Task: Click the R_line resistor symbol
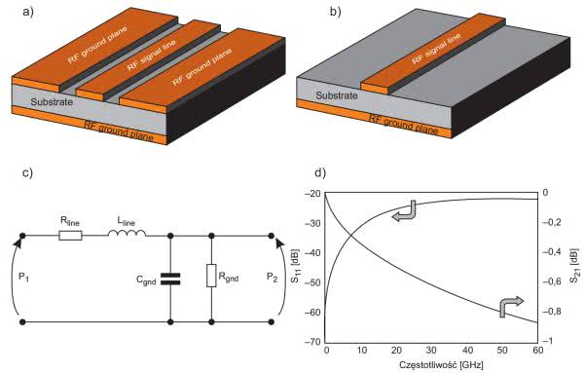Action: pyautogui.click(x=70, y=236)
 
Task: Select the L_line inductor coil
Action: pyautogui.click(x=127, y=234)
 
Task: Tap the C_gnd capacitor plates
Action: pyautogui.click(x=170, y=280)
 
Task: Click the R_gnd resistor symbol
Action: pyautogui.click(x=211, y=276)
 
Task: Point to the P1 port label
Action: pyautogui.click(x=23, y=277)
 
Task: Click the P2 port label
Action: pyautogui.click(x=273, y=277)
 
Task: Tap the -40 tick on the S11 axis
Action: pyautogui.click(x=312, y=253)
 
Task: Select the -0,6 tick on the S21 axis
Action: pyautogui.click(x=552, y=281)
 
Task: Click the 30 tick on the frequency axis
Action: pyautogui.click(x=431, y=351)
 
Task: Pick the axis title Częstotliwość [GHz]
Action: pyautogui.click(x=441, y=364)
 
